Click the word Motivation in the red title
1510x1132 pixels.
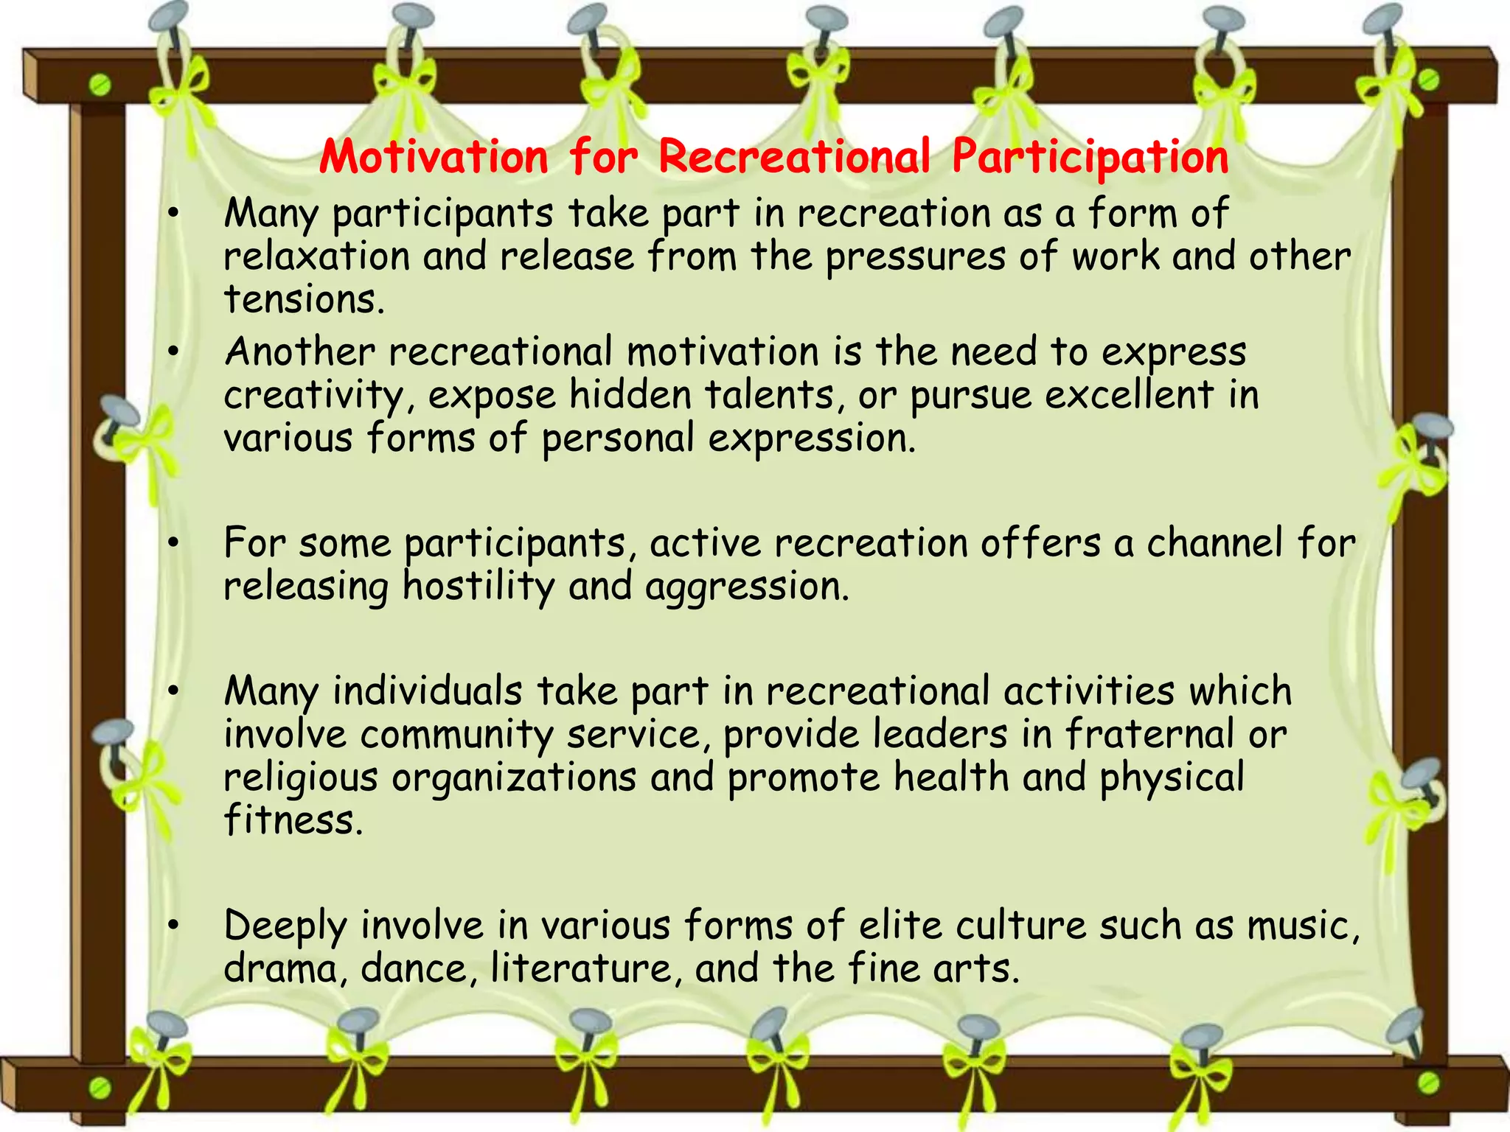434,157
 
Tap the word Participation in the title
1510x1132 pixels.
1090,157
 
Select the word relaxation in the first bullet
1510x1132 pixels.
316,257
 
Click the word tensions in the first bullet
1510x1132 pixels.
303,300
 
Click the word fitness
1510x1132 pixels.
293,820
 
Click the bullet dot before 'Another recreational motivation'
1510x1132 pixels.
173,352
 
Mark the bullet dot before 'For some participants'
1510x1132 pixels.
173,544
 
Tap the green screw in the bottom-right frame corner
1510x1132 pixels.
1429,1082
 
